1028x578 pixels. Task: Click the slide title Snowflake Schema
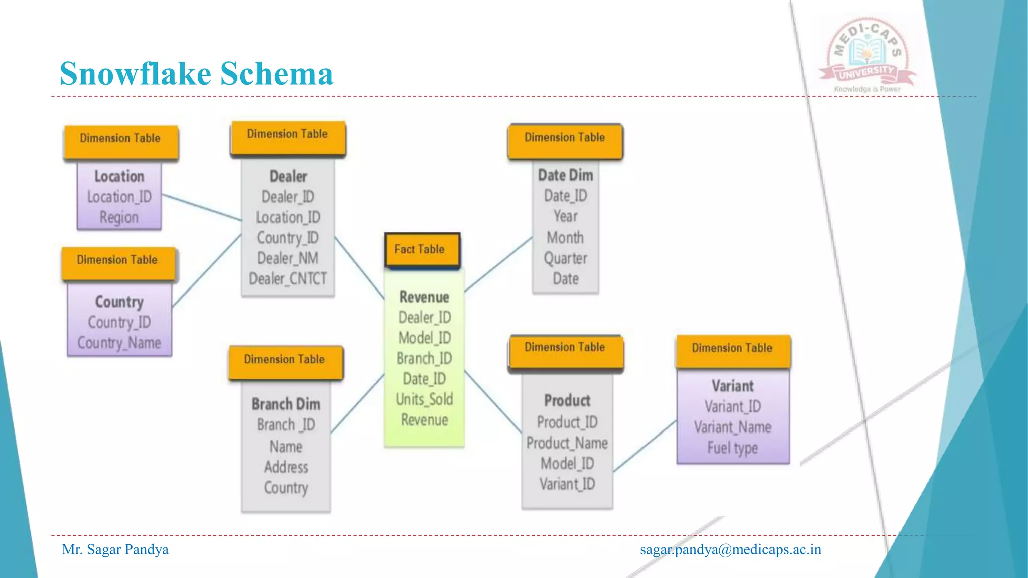click(x=196, y=74)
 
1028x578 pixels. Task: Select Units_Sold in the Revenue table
click(x=424, y=399)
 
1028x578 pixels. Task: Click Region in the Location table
click(x=119, y=217)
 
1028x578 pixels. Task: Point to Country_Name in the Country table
click(x=119, y=343)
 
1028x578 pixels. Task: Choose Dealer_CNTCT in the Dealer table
click(x=288, y=278)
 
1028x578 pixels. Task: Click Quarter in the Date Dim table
click(x=565, y=258)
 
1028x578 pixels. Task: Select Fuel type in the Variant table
click(x=732, y=448)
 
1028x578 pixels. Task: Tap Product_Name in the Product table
click(x=567, y=443)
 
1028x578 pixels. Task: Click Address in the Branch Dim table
click(x=286, y=467)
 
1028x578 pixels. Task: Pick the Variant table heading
click(x=732, y=386)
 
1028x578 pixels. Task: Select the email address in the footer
click(x=730, y=550)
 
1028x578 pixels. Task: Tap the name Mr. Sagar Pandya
click(x=115, y=550)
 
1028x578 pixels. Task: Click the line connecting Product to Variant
click(x=645, y=446)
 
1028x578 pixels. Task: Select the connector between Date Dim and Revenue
click(x=498, y=264)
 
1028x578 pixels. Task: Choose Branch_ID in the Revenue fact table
click(x=424, y=358)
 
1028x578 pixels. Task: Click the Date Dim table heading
click(x=565, y=175)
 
